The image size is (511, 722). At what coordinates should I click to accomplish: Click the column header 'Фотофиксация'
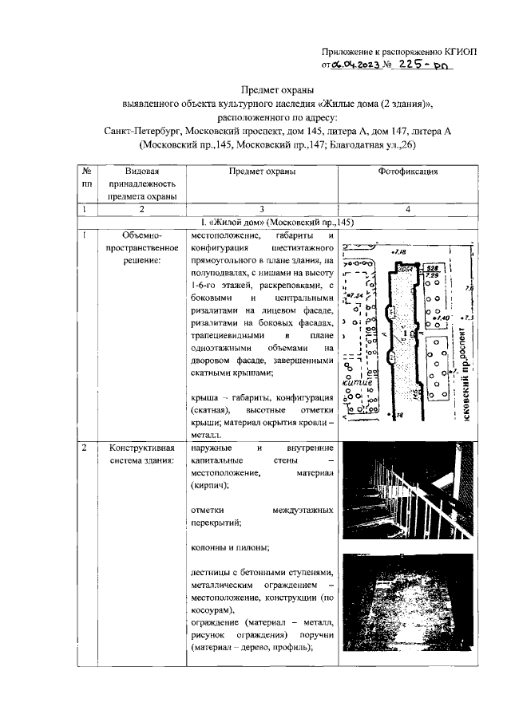click(408, 172)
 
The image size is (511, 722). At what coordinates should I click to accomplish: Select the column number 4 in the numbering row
click(408, 209)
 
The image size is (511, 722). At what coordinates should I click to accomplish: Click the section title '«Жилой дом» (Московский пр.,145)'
click(275, 222)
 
